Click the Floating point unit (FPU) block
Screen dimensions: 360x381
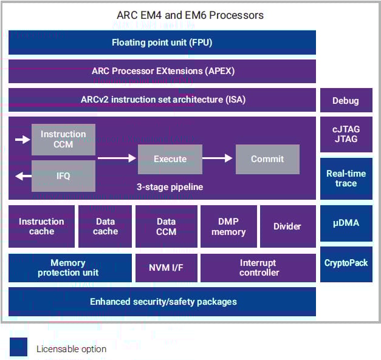[162, 42]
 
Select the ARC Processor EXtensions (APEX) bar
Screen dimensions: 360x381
[162, 71]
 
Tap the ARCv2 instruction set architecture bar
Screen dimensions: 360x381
[162, 100]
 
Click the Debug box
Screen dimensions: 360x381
[346, 101]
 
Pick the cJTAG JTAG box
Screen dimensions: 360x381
[346, 134]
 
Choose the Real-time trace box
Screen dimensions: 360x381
[346, 178]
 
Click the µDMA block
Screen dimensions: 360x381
[346, 223]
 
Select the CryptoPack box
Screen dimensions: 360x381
[346, 263]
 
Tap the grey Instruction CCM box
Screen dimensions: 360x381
[63, 139]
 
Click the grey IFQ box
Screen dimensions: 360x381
[63, 175]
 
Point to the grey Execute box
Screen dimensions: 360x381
[170, 159]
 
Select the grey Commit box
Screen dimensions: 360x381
[267, 159]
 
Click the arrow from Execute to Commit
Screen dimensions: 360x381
[218, 158]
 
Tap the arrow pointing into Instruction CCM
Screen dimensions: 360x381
[22, 140]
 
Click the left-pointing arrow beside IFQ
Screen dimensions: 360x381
[23, 176]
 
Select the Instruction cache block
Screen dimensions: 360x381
[41, 226]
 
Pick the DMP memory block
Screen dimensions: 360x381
[228, 226]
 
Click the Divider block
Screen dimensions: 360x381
[287, 226]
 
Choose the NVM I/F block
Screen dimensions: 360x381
[166, 268]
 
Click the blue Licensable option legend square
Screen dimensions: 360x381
[19, 347]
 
